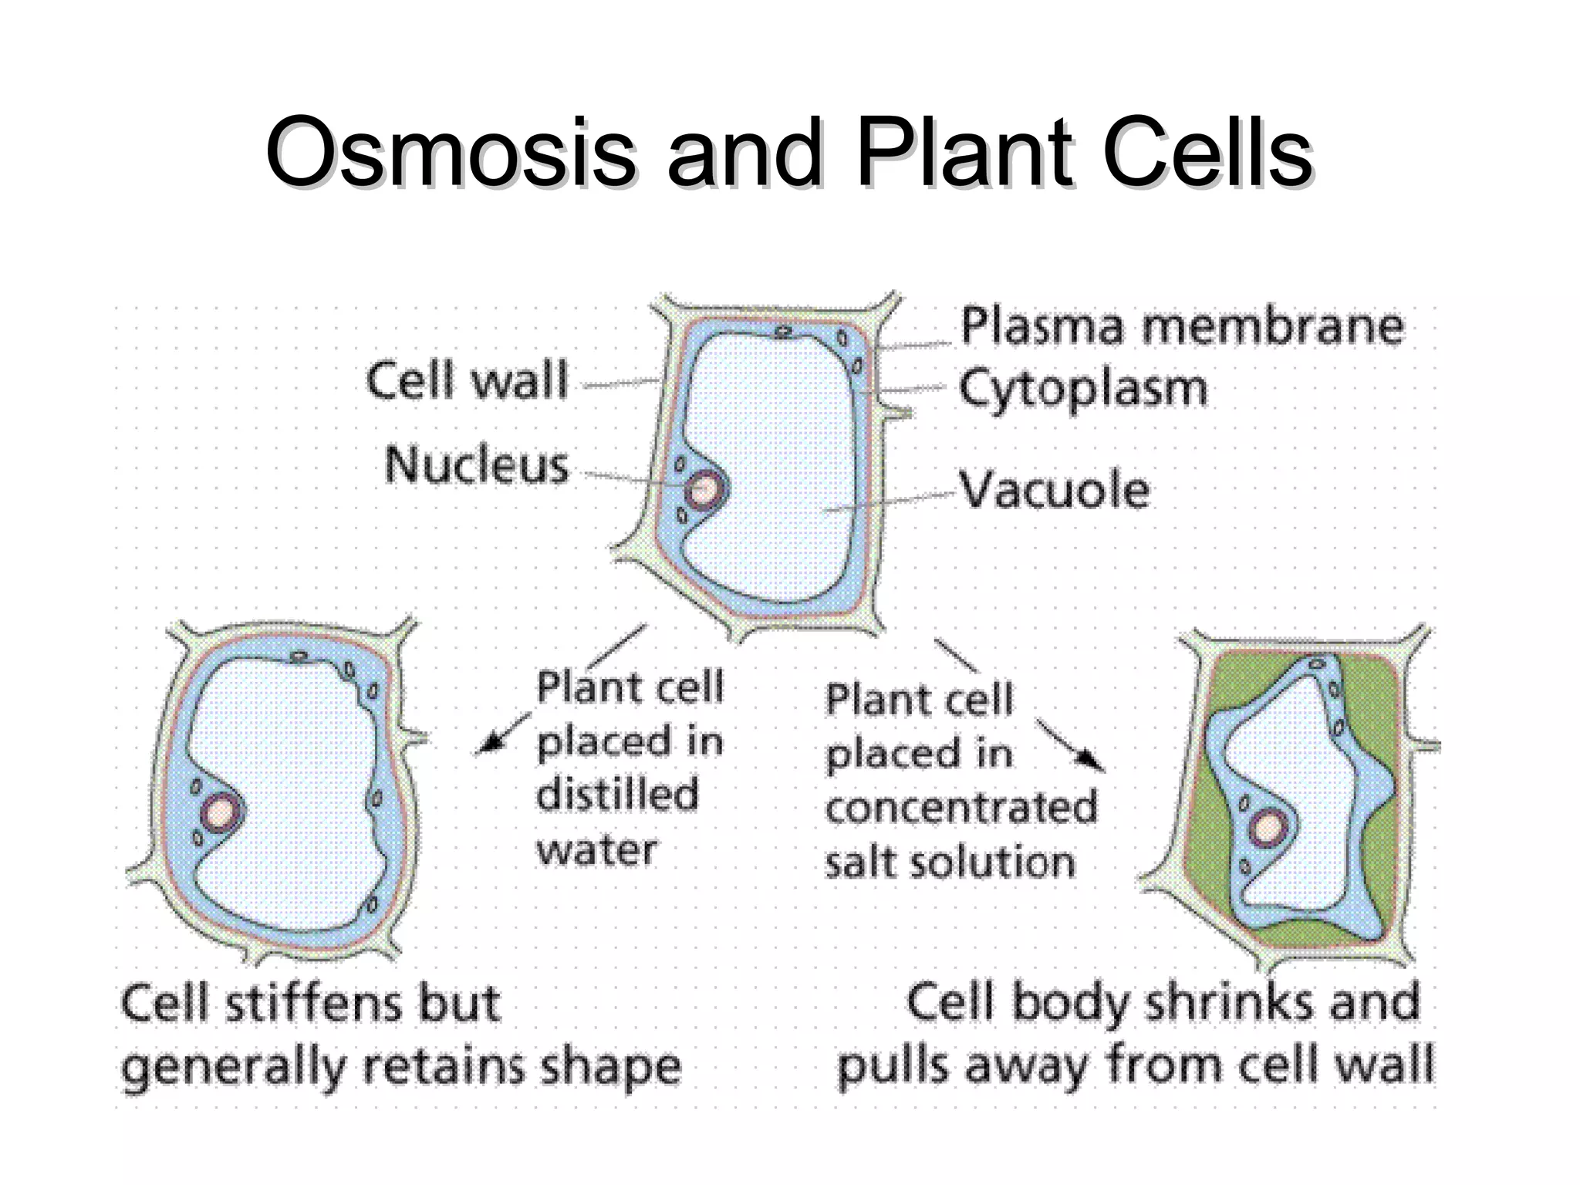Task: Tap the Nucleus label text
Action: point(477,466)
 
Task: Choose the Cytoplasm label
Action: point(1082,390)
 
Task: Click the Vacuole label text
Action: point(1055,490)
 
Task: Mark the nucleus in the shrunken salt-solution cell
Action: point(1266,829)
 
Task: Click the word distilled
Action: point(617,795)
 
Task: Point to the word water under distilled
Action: point(596,850)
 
